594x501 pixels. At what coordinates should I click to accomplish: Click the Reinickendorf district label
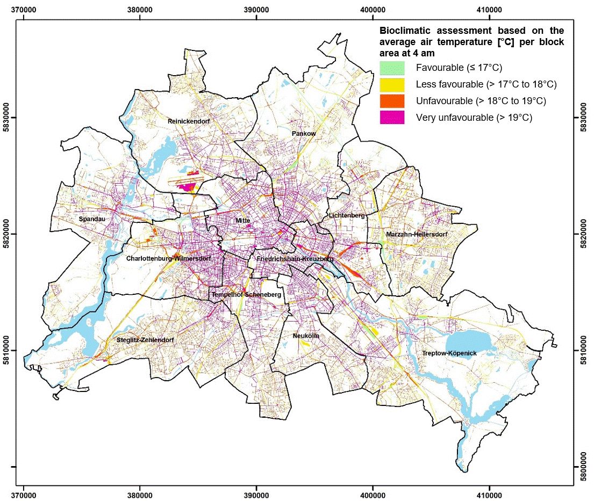click(x=188, y=121)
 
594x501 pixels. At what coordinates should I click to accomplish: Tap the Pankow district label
click(x=303, y=133)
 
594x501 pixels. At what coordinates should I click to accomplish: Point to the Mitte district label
click(x=243, y=221)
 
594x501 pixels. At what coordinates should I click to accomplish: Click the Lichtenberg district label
click(x=347, y=215)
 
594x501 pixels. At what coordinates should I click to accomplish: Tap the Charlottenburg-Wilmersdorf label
click(x=168, y=258)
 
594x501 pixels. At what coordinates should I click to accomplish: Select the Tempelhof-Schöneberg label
click(x=246, y=295)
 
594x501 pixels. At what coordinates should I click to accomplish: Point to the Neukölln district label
click(x=306, y=336)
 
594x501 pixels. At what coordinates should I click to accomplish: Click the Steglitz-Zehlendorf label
click(x=145, y=340)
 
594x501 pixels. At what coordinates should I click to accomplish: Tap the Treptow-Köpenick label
click(x=449, y=353)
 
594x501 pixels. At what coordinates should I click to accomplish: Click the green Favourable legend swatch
click(x=392, y=68)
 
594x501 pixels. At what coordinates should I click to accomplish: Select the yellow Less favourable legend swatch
click(x=392, y=84)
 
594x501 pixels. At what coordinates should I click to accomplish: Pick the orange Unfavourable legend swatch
click(x=392, y=101)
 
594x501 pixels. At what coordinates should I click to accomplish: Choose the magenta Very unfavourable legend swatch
click(x=392, y=117)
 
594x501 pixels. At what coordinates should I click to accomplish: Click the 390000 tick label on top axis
click(x=256, y=9)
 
